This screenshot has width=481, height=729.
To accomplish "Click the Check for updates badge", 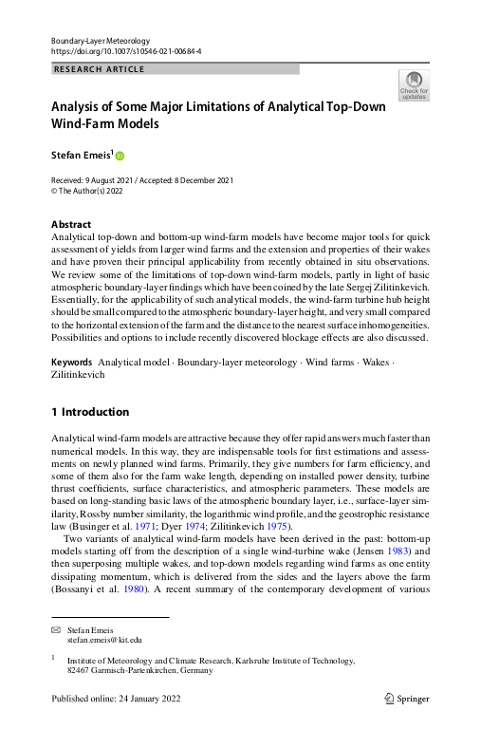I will tap(416, 86).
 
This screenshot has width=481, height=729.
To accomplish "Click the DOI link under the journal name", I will tap(125, 51).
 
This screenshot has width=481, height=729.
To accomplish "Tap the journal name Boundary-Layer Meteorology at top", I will tap(101, 40).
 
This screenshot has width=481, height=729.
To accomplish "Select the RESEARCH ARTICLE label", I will tap(92, 69).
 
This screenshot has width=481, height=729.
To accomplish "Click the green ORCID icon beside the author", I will tap(120, 155).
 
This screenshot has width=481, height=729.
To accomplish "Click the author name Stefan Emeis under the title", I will tap(80, 154).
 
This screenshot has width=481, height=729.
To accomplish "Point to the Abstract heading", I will tap(70, 225).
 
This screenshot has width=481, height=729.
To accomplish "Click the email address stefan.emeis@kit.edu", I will tap(104, 641).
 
